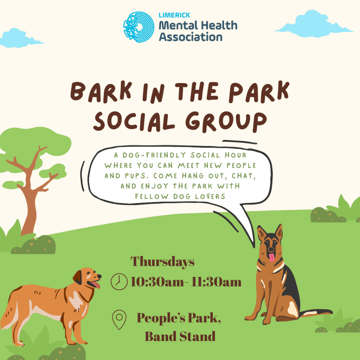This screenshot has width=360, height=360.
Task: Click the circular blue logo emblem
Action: (x=139, y=27)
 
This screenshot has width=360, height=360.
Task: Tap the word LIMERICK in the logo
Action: (x=174, y=15)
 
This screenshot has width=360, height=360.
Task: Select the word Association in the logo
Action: (x=191, y=37)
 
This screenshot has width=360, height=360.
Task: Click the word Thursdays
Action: (x=162, y=262)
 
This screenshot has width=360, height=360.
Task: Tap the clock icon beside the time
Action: (x=119, y=282)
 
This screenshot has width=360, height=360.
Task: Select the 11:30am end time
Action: (x=216, y=282)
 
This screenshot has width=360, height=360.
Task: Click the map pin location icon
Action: (x=119, y=320)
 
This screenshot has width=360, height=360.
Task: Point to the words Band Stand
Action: (x=180, y=336)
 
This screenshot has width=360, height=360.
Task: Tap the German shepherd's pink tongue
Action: (x=272, y=257)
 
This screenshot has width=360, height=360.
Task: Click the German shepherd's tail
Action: (x=316, y=313)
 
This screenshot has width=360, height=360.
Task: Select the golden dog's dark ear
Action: (x=78, y=277)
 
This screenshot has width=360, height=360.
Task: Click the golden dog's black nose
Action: (x=99, y=276)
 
